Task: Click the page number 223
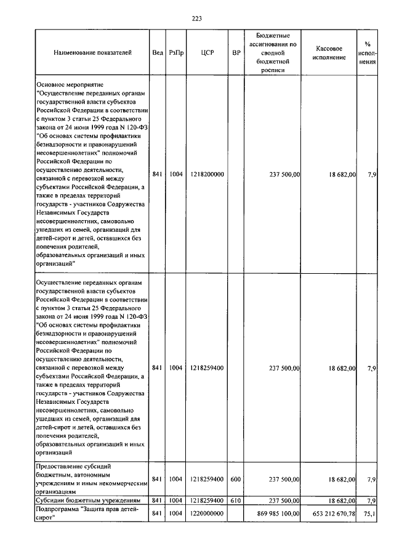[x=197, y=18]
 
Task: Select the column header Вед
[x=157, y=53]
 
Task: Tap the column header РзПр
[x=176, y=53]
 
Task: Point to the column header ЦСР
[x=207, y=53]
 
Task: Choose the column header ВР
[x=235, y=53]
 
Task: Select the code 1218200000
[x=207, y=174]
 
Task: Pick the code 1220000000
[x=207, y=513]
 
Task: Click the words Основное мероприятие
[x=71, y=82]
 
